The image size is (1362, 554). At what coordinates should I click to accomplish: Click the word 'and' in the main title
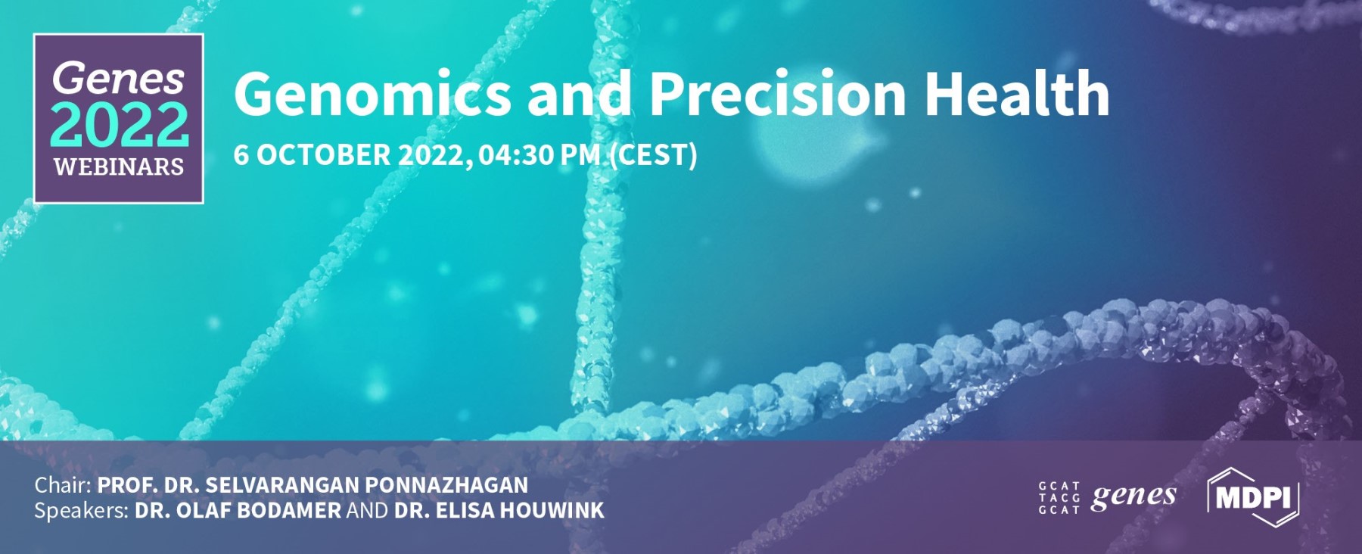579,94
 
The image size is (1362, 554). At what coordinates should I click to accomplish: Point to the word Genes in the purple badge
118,78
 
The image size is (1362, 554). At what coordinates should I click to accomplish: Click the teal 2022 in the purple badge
120,125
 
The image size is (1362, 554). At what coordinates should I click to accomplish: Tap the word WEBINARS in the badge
119,167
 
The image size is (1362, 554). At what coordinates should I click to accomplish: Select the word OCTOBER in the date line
324,155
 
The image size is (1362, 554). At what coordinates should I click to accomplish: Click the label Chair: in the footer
63,485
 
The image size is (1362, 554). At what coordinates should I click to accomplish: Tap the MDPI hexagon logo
1254,497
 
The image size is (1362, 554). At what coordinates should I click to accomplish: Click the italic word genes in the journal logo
1133,496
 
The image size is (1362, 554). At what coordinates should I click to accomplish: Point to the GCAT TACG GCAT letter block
1059,498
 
